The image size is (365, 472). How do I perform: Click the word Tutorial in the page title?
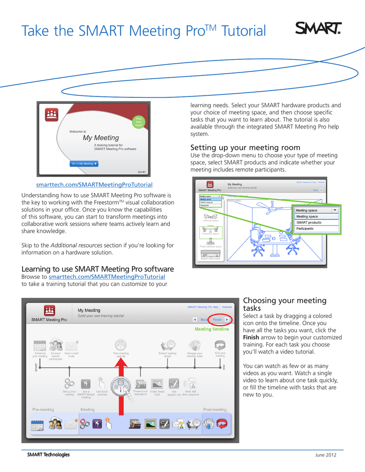click(244, 31)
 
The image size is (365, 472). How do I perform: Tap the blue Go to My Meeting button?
click(84, 164)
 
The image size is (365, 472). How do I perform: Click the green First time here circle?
click(138, 122)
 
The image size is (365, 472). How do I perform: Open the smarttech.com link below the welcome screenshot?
click(94, 185)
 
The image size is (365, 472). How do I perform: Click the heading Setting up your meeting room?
click(245, 147)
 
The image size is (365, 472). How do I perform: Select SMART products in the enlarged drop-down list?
click(309, 223)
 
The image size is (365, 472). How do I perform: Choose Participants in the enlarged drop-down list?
click(305, 229)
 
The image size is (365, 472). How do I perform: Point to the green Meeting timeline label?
click(211, 330)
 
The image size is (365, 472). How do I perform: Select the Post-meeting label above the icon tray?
click(215, 409)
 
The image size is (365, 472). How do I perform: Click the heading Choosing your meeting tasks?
click(284, 304)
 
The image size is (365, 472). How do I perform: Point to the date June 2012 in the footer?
click(326, 455)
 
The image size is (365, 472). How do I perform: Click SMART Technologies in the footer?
click(48, 455)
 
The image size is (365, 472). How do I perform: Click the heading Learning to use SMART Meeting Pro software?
click(98, 269)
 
